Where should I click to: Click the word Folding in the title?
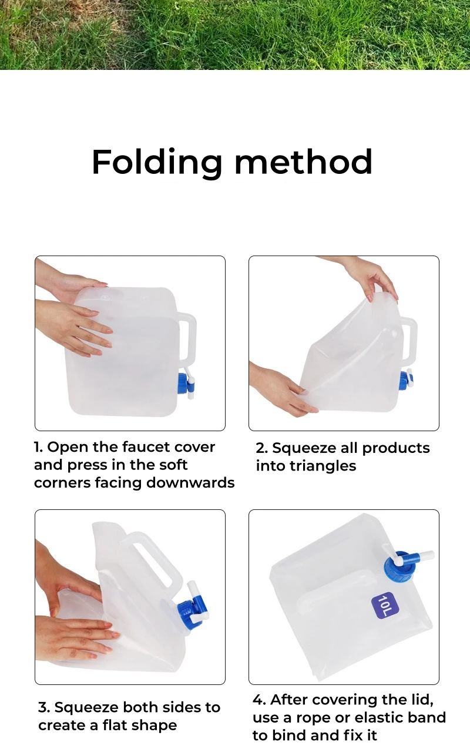point(157,163)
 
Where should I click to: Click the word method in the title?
point(304,162)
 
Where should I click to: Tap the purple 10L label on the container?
point(385,605)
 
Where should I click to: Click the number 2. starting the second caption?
point(262,448)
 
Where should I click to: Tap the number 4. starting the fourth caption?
point(259,700)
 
